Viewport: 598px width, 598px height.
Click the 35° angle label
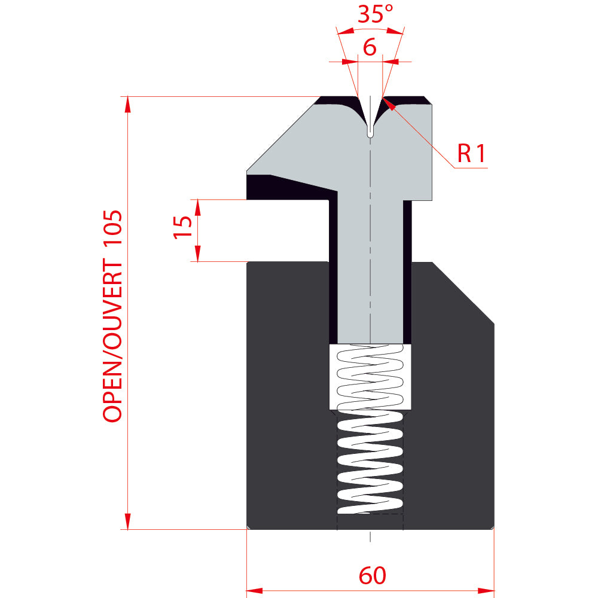click(375, 14)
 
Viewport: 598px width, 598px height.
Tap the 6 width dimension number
click(370, 47)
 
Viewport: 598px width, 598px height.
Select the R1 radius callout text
click(471, 153)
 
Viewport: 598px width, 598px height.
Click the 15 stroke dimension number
click(182, 227)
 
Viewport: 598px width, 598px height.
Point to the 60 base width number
click(372, 575)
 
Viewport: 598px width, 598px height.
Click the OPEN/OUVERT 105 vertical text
click(112, 316)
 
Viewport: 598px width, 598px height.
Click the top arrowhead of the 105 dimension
click(128, 105)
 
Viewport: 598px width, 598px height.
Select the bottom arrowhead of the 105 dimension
click(128, 521)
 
